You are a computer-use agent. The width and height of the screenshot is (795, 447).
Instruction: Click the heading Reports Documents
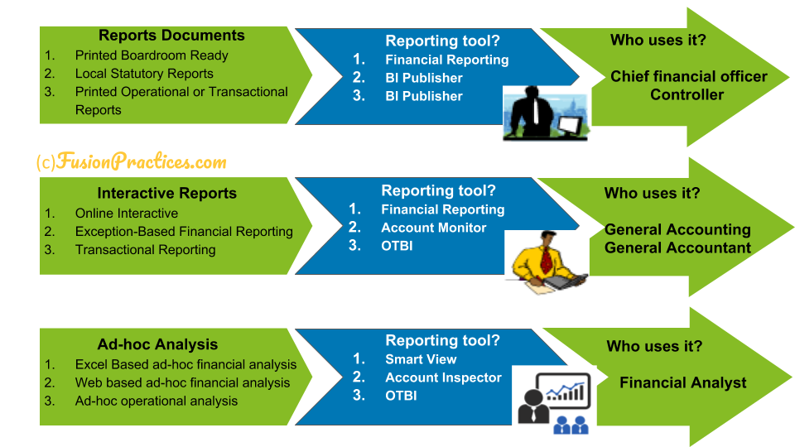pyautogui.click(x=171, y=36)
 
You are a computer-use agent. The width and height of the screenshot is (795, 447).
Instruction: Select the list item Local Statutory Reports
pyautogui.click(x=144, y=74)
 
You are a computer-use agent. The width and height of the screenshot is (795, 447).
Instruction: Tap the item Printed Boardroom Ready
pyautogui.click(x=152, y=55)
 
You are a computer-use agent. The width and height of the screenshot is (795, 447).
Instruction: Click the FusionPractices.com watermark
pyautogui.click(x=132, y=161)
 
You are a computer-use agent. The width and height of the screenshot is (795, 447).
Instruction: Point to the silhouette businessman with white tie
pyautogui.click(x=532, y=113)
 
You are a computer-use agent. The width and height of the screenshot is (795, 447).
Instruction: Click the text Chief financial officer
pyautogui.click(x=688, y=76)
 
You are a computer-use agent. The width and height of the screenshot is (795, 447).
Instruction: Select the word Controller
pyautogui.click(x=687, y=94)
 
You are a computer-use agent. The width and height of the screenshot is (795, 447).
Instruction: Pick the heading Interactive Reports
pyautogui.click(x=166, y=193)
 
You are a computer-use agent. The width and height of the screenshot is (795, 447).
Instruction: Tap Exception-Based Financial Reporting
pyautogui.click(x=184, y=232)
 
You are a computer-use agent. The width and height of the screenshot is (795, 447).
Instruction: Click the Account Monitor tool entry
pyautogui.click(x=433, y=228)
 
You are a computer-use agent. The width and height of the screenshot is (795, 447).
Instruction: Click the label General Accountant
pyautogui.click(x=677, y=248)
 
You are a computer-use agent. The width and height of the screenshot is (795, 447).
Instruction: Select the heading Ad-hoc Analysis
pyautogui.click(x=157, y=344)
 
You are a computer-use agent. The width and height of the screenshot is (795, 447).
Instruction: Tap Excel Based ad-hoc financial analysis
pyautogui.click(x=185, y=364)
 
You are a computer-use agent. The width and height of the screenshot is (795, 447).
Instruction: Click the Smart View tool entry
pyautogui.click(x=421, y=359)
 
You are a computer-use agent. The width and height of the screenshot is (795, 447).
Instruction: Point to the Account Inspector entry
pyautogui.click(x=443, y=377)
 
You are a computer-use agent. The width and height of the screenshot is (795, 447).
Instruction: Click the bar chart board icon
pyautogui.click(x=563, y=390)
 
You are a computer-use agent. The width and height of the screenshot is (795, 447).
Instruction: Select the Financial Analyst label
pyautogui.click(x=683, y=382)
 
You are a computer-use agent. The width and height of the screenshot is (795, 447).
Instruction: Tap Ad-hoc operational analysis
pyautogui.click(x=157, y=401)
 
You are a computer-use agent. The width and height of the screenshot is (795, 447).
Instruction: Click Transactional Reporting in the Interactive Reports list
pyautogui.click(x=146, y=250)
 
